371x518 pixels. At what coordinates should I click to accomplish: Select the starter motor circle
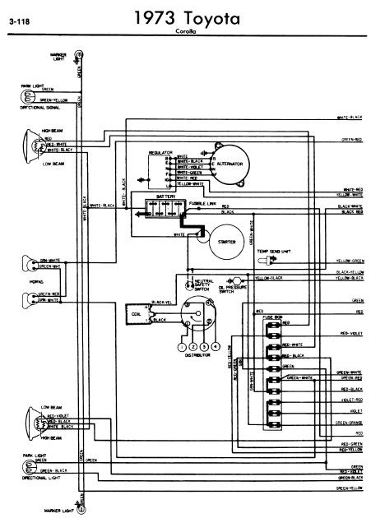[221, 242]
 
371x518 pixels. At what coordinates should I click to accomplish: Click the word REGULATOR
[160, 152]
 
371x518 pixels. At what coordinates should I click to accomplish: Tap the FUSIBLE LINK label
[202, 201]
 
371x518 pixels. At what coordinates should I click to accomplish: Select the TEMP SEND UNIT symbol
[267, 261]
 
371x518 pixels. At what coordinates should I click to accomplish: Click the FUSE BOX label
[271, 317]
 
